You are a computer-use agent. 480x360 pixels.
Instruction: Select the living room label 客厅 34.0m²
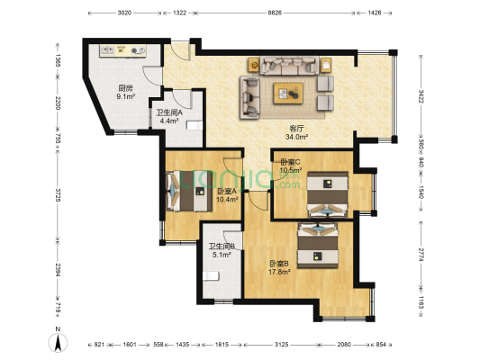coord(296,133)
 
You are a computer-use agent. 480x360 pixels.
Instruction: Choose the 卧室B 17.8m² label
coord(280,268)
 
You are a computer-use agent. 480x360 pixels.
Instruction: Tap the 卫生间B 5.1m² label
coord(222,251)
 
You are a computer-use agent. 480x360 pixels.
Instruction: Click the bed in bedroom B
coord(319,243)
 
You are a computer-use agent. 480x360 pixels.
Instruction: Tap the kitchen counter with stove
coord(122,52)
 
